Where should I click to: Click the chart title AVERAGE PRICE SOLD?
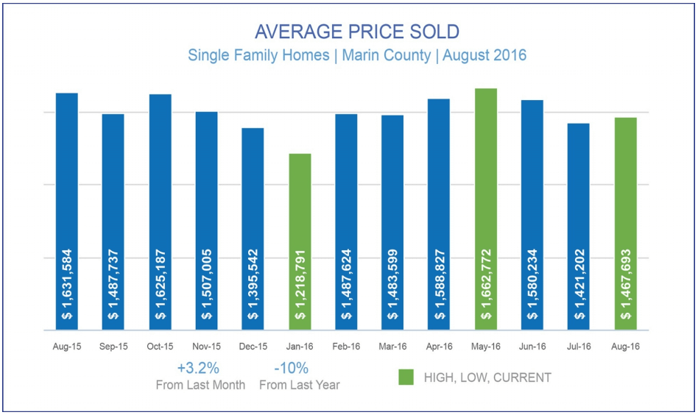click(x=356, y=32)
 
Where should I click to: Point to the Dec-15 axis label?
click(x=253, y=346)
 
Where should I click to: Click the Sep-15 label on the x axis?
click(x=113, y=346)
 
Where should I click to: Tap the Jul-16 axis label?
click(x=579, y=346)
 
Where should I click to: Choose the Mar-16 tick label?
click(x=392, y=346)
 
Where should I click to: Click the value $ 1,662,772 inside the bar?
click(x=486, y=283)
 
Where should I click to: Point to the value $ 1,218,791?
click(x=300, y=283)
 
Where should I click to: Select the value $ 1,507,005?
click(x=207, y=283)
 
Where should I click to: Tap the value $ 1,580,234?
click(x=532, y=283)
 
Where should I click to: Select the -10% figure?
click(x=291, y=368)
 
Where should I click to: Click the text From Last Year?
click(x=300, y=385)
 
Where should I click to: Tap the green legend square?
click(x=406, y=377)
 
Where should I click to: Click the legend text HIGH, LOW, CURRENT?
click(x=487, y=377)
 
